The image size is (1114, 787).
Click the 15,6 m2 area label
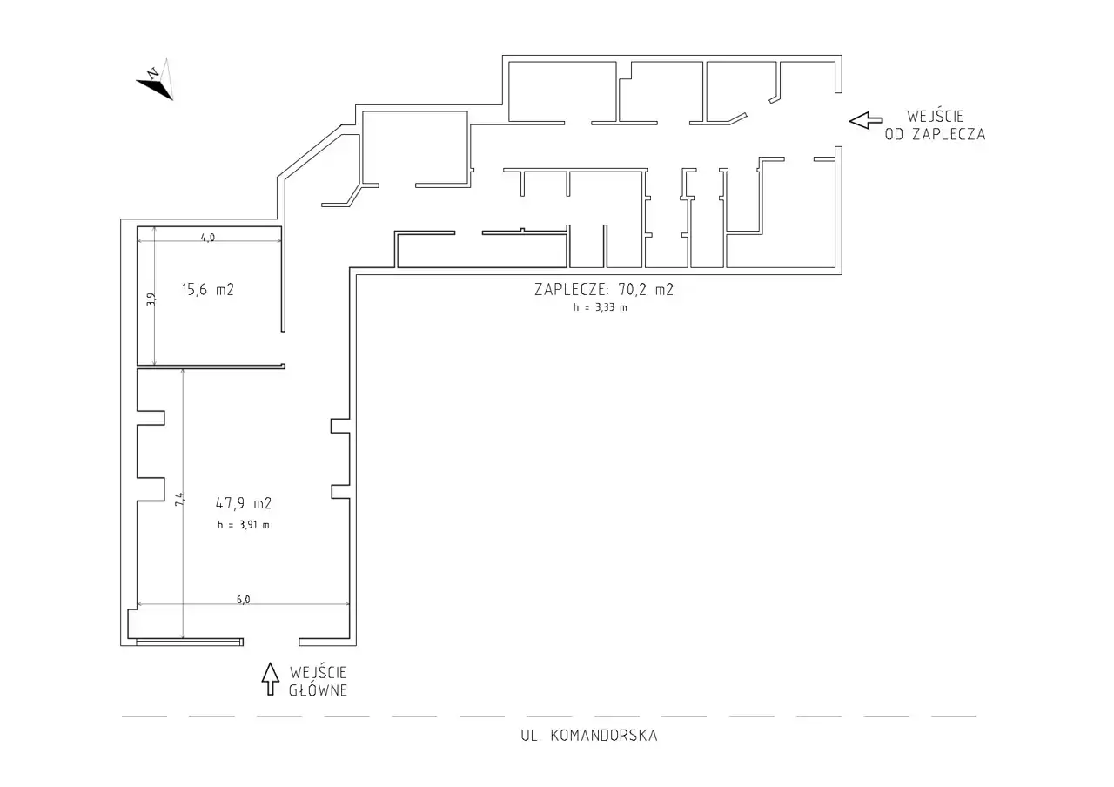tap(208, 290)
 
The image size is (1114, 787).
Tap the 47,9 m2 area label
tap(243, 503)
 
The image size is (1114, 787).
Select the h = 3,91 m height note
tap(243, 525)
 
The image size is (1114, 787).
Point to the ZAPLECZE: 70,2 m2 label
tap(604, 290)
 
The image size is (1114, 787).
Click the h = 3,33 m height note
tap(600, 307)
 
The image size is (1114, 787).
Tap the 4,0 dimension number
tap(208, 238)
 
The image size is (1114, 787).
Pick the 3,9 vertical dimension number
tap(151, 299)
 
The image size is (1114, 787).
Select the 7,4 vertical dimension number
tap(179, 500)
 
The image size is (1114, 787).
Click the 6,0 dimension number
tap(243, 600)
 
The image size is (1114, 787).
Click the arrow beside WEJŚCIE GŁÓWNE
tap(270, 678)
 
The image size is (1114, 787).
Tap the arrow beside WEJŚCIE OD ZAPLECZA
tap(866, 120)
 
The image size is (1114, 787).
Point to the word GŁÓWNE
tap(318, 690)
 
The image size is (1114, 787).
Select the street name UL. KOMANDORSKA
tap(589, 736)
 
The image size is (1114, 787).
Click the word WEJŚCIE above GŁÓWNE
tap(318, 673)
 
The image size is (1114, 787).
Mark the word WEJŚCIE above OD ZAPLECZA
tap(936, 117)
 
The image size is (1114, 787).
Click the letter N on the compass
tap(153, 73)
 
